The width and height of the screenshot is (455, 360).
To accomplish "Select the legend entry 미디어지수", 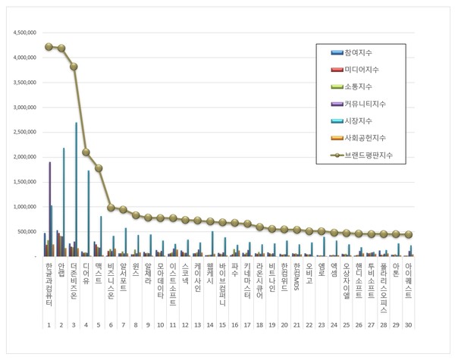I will pyautogui.click(x=361, y=70).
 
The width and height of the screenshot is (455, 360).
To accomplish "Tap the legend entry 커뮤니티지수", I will pyautogui.click(x=363, y=103).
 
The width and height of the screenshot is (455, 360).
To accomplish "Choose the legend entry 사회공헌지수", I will pyautogui.click(x=363, y=137).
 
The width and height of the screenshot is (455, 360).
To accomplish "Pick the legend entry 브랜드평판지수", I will pyautogui.click(x=366, y=155).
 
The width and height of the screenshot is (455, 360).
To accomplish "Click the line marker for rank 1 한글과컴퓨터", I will pyautogui.click(x=49, y=47).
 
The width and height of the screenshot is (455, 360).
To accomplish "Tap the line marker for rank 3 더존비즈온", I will pyautogui.click(x=74, y=67).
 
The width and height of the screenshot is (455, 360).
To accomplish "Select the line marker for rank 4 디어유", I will pyautogui.click(x=86, y=152).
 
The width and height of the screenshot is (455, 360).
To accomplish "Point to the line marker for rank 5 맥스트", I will pyautogui.click(x=99, y=168).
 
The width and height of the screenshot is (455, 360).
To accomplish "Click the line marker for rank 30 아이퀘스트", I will pyautogui.click(x=409, y=235).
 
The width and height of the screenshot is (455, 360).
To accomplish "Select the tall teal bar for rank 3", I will pyautogui.click(x=76, y=189).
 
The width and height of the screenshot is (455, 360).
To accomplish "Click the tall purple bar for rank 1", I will pyautogui.click(x=50, y=209).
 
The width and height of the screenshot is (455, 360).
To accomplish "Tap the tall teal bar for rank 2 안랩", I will pyautogui.click(x=64, y=202).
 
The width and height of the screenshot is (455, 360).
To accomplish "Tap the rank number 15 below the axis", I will pyautogui.click(x=222, y=324).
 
